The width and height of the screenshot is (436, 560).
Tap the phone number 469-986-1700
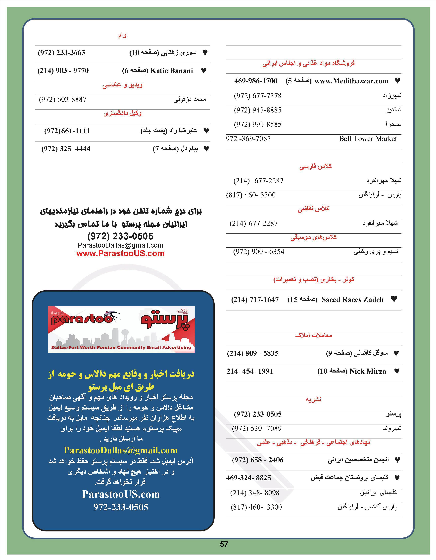click(256, 81)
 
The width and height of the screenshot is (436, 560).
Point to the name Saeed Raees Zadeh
click(352, 299)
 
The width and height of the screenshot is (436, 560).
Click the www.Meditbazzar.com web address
click(351, 81)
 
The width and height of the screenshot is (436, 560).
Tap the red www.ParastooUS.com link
click(120, 254)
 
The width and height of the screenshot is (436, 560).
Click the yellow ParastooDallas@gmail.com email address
click(121, 450)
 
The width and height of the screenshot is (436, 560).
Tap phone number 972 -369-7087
click(248, 139)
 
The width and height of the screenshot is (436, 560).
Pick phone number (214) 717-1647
click(255, 299)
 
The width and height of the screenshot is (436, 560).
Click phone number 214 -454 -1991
click(249, 371)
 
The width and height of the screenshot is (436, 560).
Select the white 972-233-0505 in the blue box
click(121, 507)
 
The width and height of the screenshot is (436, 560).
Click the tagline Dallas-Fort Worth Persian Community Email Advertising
click(121, 347)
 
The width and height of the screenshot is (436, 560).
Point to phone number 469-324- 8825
click(248, 478)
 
